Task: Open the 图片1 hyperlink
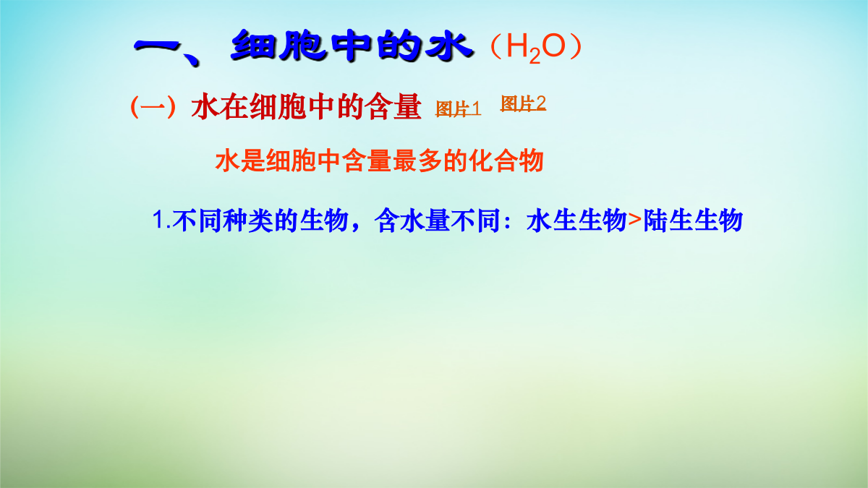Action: [459, 109]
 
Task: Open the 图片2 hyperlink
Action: [523, 103]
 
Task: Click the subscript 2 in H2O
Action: [535, 56]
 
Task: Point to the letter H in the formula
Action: [517, 46]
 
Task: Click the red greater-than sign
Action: [635, 221]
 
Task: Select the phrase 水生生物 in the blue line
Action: [576, 221]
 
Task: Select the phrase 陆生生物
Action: [693, 221]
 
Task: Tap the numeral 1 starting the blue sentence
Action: [159, 220]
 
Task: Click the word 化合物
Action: [506, 160]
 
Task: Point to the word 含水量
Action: [412, 221]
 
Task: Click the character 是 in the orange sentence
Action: [252, 160]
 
